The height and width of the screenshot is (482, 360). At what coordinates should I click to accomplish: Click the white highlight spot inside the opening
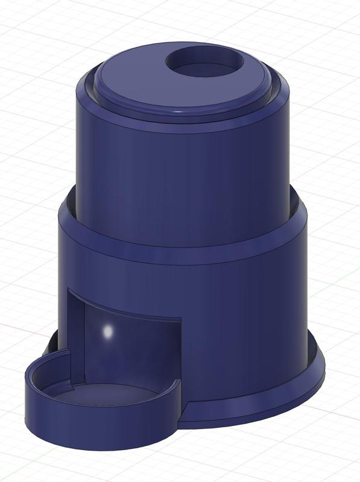(x=108, y=331)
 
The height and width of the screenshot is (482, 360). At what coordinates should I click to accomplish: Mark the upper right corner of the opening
(x=180, y=320)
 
